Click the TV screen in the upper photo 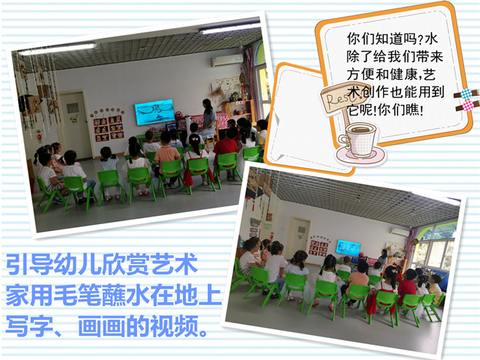click(x=154, y=112)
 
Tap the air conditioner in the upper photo click(x=227, y=60)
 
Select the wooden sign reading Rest click(x=344, y=97)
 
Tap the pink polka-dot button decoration click(x=467, y=106)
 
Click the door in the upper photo click(x=75, y=125)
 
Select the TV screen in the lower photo click(x=348, y=248)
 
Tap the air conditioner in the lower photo click(x=399, y=232)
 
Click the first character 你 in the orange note click(x=354, y=39)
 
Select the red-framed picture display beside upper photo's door click(x=109, y=129)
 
